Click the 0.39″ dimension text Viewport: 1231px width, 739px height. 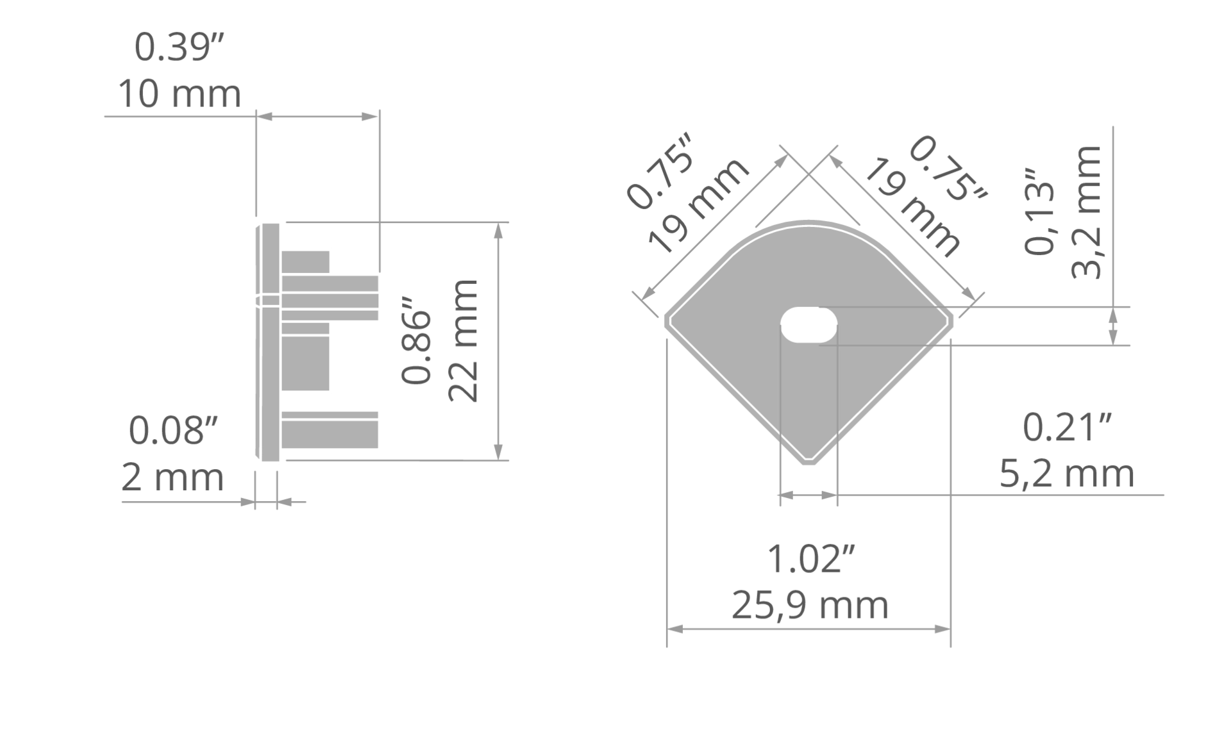[x=180, y=47]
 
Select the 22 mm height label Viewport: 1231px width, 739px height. [x=463, y=341]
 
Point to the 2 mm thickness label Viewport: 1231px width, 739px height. [x=172, y=477]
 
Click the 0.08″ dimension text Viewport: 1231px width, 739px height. [x=173, y=430]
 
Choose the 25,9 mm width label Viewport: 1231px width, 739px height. [x=810, y=606]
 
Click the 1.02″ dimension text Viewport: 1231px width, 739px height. [x=811, y=559]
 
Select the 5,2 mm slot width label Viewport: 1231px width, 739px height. [x=1067, y=474]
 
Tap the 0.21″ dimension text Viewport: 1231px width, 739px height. [x=1067, y=428]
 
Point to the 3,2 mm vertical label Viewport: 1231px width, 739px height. [x=1086, y=212]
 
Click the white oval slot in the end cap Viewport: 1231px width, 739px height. [x=808, y=325]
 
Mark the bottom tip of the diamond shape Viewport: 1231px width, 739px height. [x=809, y=463]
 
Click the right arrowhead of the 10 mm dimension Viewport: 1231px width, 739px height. [x=370, y=116]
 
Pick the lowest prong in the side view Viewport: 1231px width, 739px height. [x=330, y=430]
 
